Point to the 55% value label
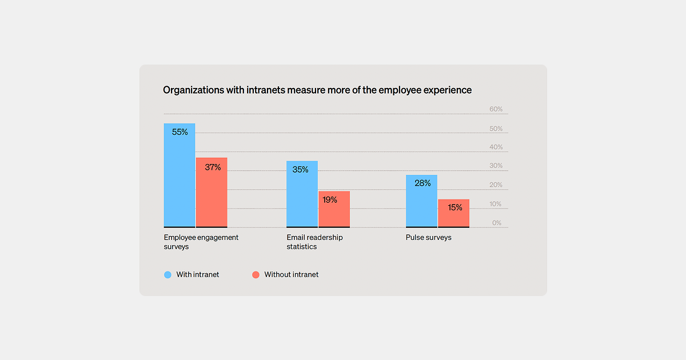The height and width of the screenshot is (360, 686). point(180,132)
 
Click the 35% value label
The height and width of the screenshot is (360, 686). point(300,170)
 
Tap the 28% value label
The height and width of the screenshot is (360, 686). point(422,183)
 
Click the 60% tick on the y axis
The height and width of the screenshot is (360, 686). point(496,109)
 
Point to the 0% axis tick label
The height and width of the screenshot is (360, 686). point(497,223)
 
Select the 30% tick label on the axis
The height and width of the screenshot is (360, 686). point(496,166)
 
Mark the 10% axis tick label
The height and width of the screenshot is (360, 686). point(496,204)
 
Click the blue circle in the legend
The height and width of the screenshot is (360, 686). point(168,275)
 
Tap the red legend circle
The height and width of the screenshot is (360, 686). point(256,275)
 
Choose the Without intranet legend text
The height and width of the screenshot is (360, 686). point(291,275)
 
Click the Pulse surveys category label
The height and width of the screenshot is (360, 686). point(428,238)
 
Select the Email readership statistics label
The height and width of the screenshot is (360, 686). point(314,242)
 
